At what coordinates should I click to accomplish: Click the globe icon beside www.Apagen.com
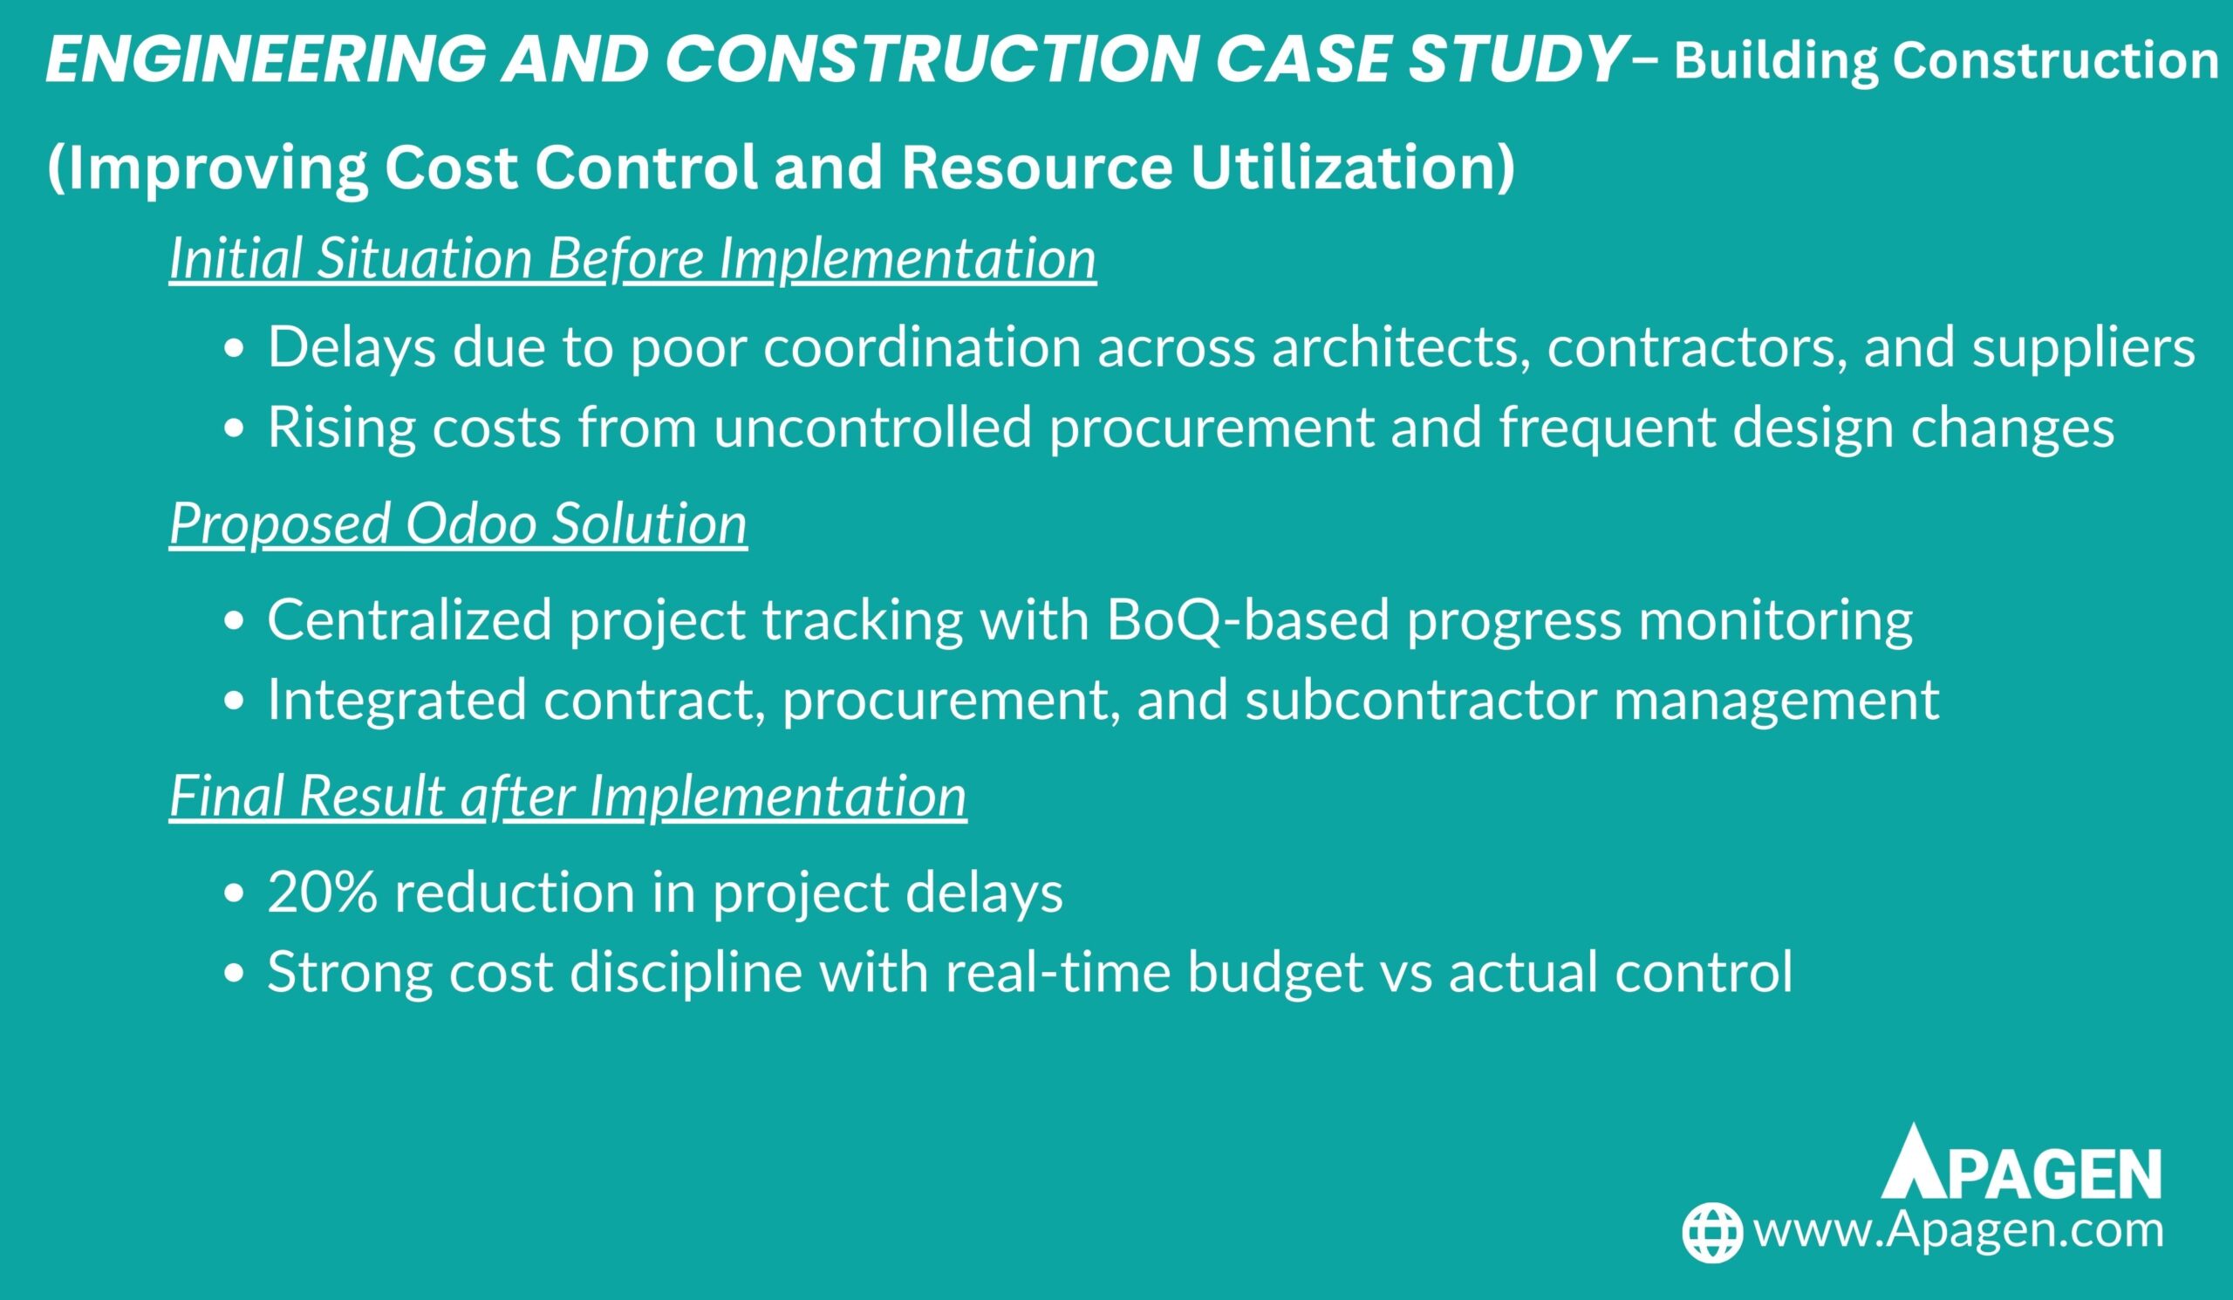pos(1711,1232)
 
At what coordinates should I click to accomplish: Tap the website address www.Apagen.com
pos(1958,1231)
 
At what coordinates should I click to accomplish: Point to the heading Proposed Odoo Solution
pos(458,523)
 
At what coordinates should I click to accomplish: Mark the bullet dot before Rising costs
pos(234,429)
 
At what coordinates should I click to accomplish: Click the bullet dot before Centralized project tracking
pos(234,621)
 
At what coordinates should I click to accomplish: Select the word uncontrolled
pos(873,428)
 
